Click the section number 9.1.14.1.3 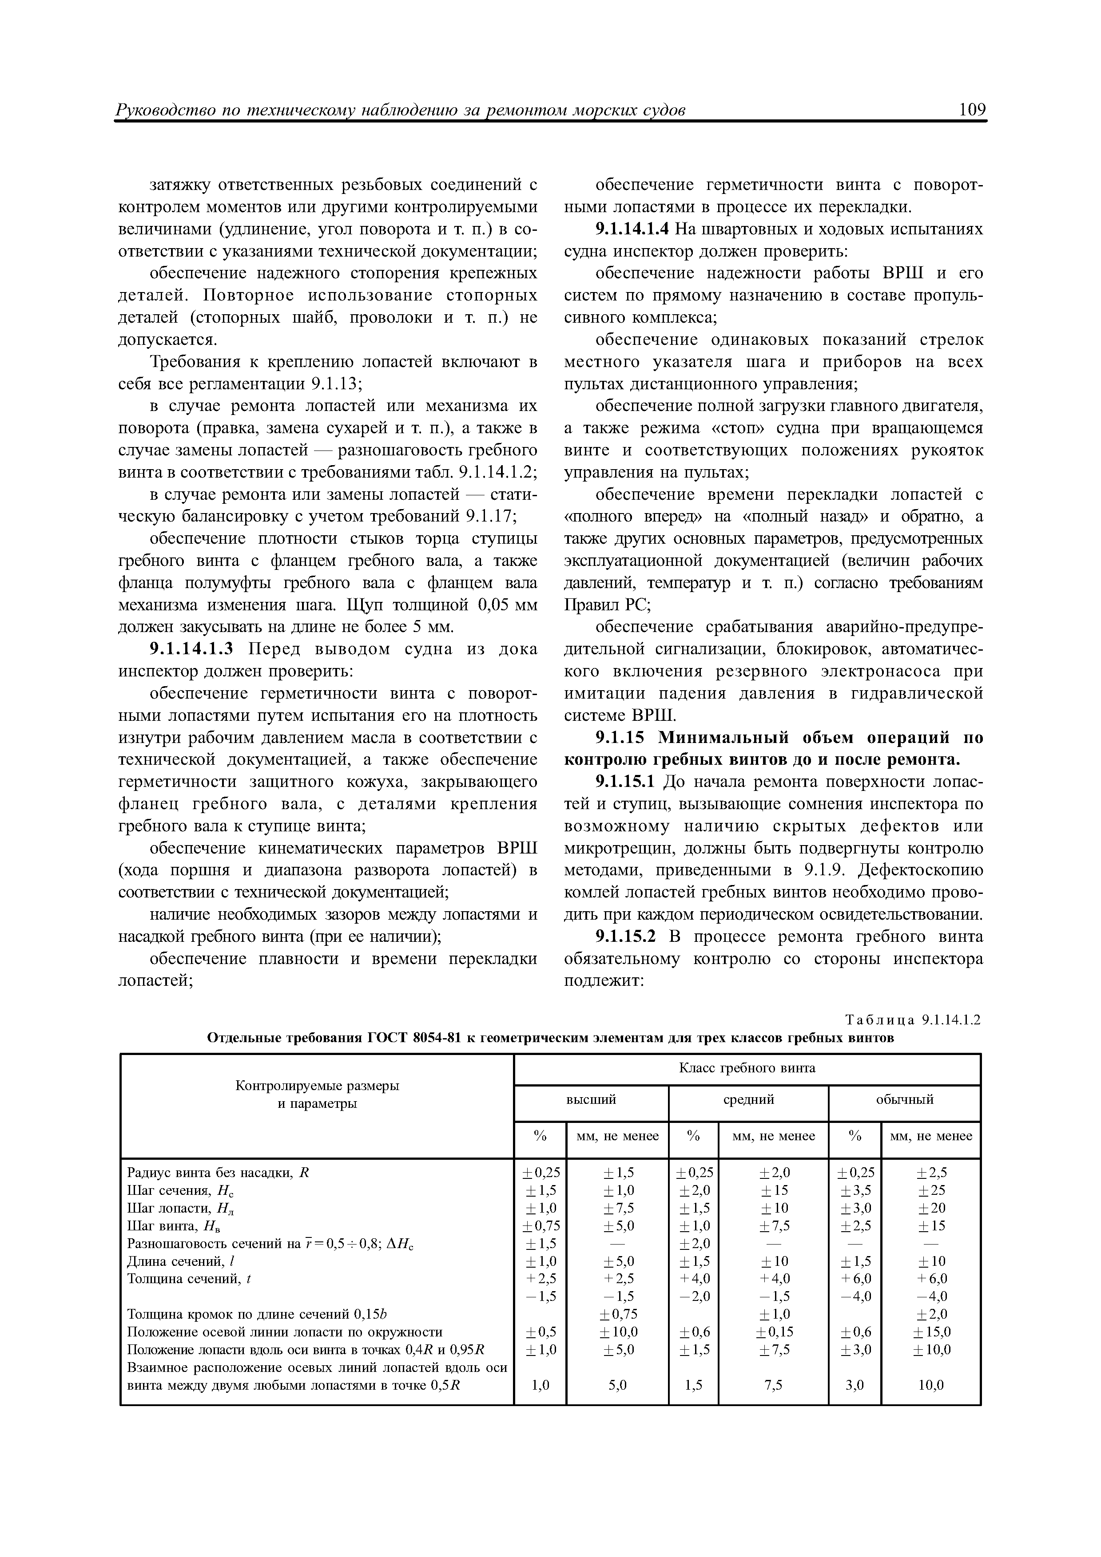pos(191,649)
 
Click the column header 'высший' pos(591,1099)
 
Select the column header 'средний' pos(748,1099)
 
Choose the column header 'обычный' pos(904,1099)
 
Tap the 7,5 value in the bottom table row pos(773,1385)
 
